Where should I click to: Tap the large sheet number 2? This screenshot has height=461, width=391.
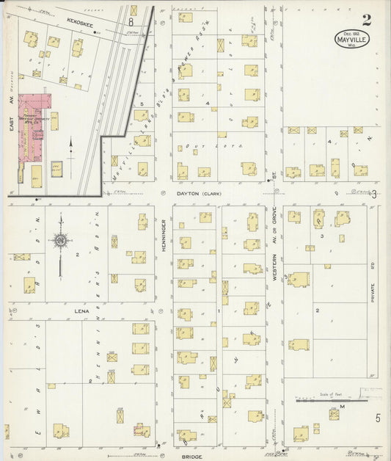coord(365,19)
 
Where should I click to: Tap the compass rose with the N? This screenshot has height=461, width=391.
coord(59,239)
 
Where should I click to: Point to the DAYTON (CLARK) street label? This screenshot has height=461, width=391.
coord(199,194)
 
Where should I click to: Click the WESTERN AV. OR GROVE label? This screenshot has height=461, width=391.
coord(275,250)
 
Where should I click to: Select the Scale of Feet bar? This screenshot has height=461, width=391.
coord(331,401)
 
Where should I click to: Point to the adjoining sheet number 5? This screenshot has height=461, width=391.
coord(378,418)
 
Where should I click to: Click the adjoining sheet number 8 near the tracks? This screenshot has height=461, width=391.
coord(132,11)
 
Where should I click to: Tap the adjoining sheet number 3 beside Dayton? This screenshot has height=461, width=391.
coord(374,194)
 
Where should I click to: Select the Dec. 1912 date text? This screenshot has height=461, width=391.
coord(351,32)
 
